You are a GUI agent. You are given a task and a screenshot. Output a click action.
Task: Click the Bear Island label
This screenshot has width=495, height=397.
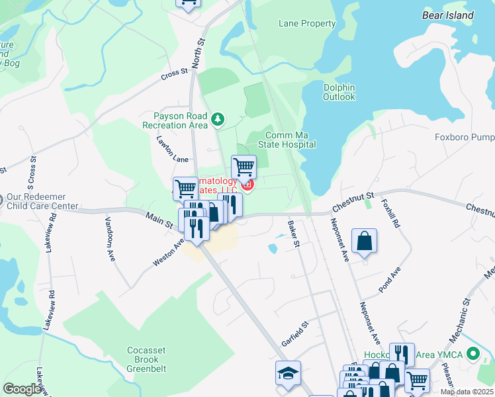pos(448,15)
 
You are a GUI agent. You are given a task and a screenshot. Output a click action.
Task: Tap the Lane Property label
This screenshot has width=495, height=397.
pos(307,24)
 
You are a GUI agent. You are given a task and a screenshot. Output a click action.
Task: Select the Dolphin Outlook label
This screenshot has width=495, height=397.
pos(339,92)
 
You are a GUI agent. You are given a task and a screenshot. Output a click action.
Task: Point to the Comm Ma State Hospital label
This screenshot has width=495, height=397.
pos(291,140)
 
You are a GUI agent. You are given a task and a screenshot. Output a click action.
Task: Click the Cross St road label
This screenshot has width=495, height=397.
pos(175,75)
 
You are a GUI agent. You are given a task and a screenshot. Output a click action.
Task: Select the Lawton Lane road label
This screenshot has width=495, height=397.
pos(172,150)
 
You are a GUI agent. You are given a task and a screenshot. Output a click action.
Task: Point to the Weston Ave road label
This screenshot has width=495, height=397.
pos(168,253)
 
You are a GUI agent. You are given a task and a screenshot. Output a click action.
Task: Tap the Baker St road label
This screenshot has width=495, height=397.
pos(294,234)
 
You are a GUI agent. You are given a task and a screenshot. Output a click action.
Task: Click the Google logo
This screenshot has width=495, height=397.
pos(22,388)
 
